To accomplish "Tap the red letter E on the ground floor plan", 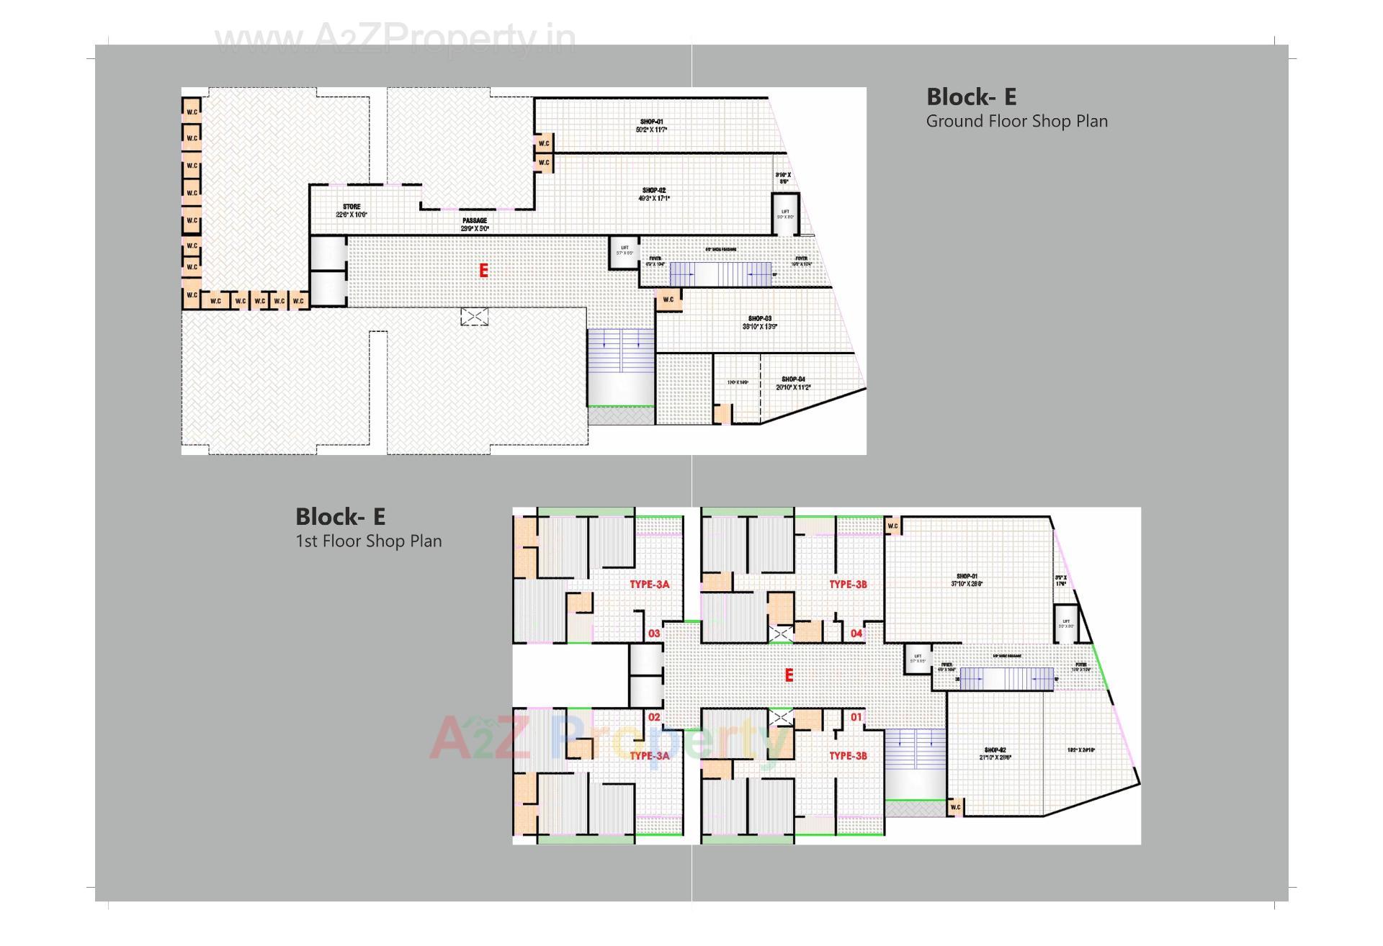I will click(483, 271).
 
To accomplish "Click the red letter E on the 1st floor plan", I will click(789, 675).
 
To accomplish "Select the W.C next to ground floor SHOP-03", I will click(668, 299).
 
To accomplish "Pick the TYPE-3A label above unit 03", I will click(650, 585).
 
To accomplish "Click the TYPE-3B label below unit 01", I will click(848, 756).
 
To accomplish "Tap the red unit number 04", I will click(856, 634).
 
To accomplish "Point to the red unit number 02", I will click(654, 717).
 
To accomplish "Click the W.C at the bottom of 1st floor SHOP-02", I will click(955, 807).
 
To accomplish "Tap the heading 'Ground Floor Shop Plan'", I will click(1016, 121).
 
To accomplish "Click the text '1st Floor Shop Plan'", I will click(368, 541).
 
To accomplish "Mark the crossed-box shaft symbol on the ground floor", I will click(474, 316).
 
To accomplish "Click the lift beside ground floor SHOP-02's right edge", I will click(785, 214).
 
